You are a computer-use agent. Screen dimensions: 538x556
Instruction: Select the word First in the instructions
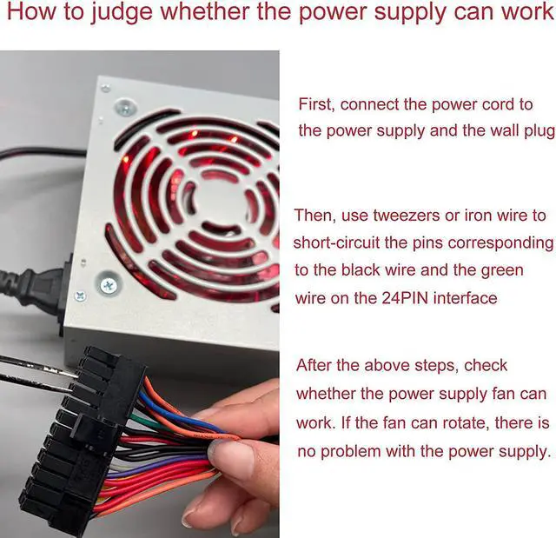[x=315, y=104]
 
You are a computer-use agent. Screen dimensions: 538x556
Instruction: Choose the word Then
[x=314, y=216]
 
